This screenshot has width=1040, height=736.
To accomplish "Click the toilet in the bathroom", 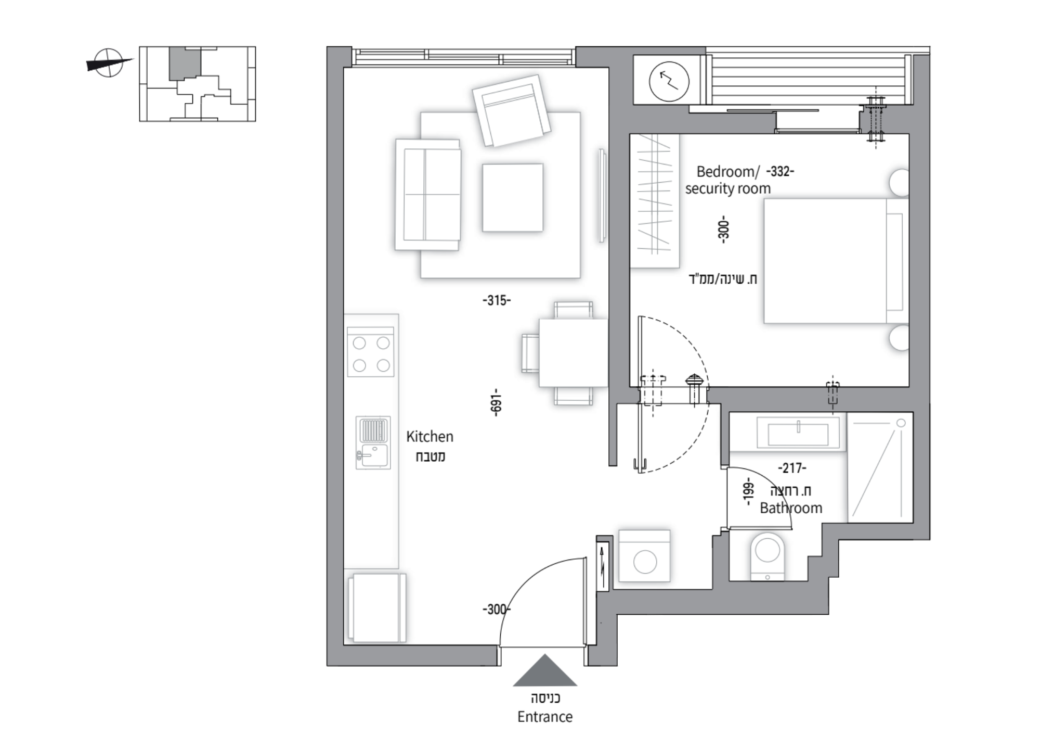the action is [x=768, y=556].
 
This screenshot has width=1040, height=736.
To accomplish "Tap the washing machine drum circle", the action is [x=645, y=562].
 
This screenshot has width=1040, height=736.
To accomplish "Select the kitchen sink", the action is [x=373, y=442].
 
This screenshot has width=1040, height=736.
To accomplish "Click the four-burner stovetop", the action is [x=371, y=352].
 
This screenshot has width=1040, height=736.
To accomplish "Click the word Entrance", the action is [x=544, y=717].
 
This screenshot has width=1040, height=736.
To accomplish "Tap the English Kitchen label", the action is [x=430, y=436].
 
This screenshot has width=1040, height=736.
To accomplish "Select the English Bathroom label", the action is [x=791, y=507].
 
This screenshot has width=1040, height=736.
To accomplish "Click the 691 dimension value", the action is [x=496, y=401].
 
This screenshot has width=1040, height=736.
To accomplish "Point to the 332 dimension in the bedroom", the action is [x=780, y=171].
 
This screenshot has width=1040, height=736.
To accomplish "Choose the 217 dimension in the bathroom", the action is [x=792, y=468].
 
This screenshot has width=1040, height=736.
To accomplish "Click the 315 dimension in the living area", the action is [x=497, y=300].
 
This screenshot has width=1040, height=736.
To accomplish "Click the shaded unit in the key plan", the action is [x=185, y=63].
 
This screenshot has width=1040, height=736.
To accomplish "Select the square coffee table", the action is [x=512, y=197].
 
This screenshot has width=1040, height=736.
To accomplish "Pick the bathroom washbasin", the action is [x=798, y=432].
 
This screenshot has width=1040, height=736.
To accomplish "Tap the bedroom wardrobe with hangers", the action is [x=655, y=201].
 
